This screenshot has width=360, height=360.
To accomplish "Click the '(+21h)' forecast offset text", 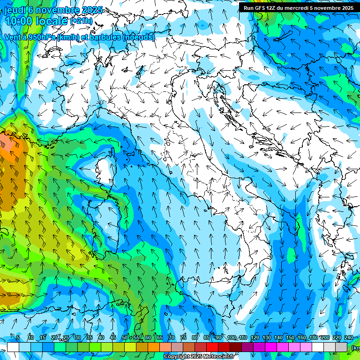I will [x=82, y=21].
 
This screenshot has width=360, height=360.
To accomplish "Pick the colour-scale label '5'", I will [x=18, y=338].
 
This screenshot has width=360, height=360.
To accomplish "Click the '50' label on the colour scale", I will [x=124, y=338].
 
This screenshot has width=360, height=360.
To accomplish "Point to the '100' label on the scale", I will [x=231, y=338].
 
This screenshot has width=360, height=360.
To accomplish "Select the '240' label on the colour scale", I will [x=349, y=338].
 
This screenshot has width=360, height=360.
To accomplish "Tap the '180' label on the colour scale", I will [x=312, y=338].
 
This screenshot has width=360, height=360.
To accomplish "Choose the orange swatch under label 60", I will [x=142, y=347].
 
